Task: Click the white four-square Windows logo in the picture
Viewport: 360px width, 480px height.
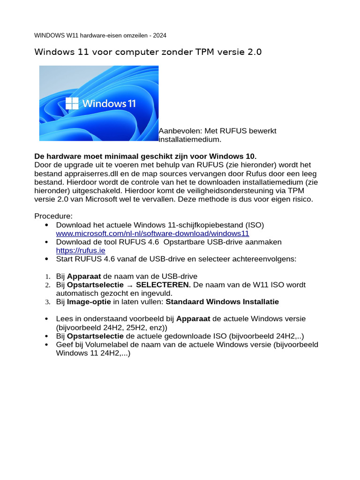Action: (72, 103)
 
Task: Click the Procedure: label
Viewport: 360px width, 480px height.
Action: (53, 216)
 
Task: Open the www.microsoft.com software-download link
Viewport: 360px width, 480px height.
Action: (152, 233)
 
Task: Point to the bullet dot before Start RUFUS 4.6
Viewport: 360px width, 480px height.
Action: (46, 259)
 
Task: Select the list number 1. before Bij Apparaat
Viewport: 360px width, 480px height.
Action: (47, 276)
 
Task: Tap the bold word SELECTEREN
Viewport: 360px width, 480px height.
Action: (163, 285)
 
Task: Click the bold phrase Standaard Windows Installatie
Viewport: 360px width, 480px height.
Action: (222, 301)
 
